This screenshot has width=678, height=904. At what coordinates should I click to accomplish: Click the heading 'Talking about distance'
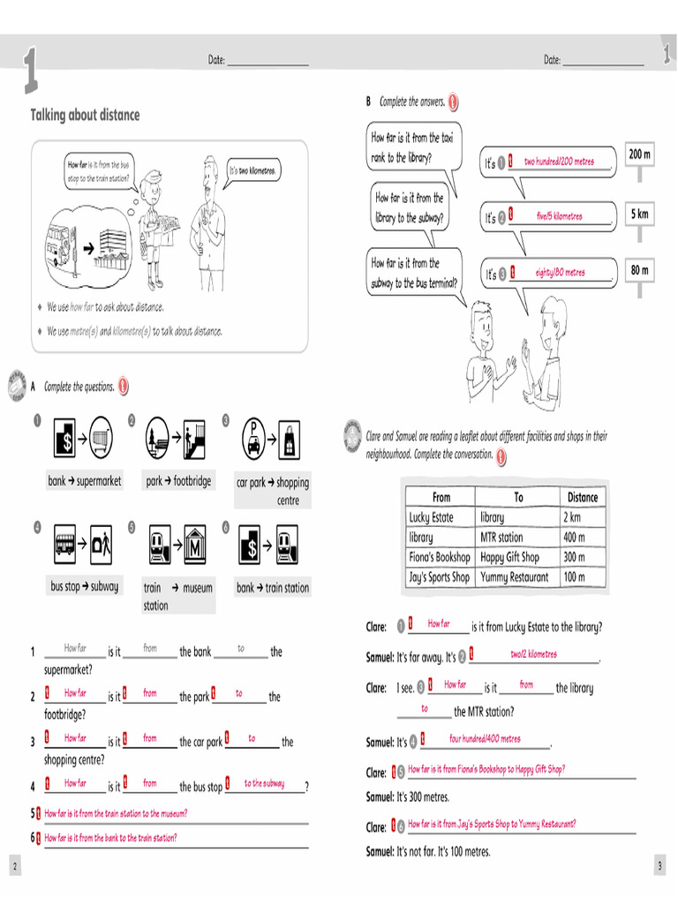86,116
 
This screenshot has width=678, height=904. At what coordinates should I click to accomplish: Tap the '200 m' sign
639,154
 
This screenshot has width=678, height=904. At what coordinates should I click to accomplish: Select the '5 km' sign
639,215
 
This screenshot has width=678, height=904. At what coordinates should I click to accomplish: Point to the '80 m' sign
639,270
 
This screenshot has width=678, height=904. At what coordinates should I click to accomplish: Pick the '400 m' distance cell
574,537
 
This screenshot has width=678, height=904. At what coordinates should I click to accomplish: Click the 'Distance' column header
582,497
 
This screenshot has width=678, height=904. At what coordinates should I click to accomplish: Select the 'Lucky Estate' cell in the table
431,517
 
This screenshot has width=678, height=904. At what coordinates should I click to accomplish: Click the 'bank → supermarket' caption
85,481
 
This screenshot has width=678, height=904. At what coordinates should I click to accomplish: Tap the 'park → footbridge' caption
179,481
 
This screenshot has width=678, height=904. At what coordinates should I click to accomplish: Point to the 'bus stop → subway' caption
85,586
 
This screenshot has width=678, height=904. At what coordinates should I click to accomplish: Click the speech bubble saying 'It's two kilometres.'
252,170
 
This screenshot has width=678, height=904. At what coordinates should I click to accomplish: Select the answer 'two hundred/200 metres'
559,162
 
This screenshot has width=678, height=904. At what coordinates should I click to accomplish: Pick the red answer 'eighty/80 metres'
560,273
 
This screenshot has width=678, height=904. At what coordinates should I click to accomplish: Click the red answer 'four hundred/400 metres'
485,739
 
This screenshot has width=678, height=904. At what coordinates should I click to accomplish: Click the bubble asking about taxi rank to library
412,147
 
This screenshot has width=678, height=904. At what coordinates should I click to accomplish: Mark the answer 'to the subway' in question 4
264,783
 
